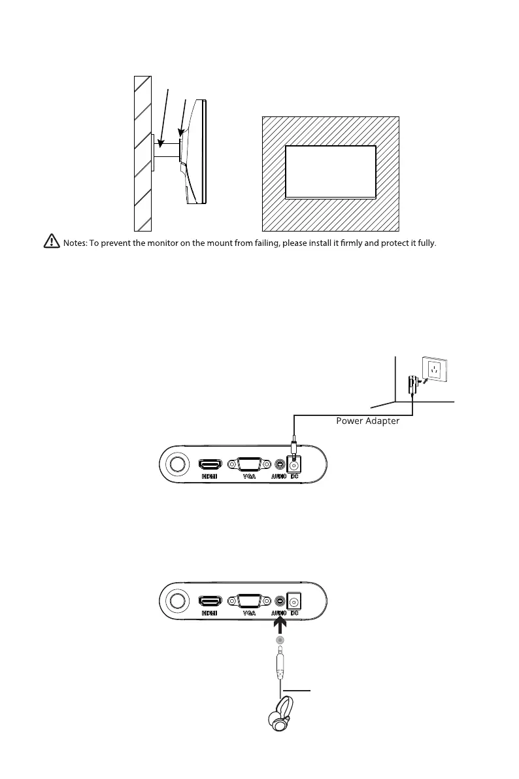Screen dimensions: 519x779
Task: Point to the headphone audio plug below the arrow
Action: click(x=280, y=664)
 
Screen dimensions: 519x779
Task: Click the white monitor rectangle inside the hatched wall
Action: click(x=331, y=172)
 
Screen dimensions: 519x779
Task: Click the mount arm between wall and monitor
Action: click(x=167, y=148)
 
